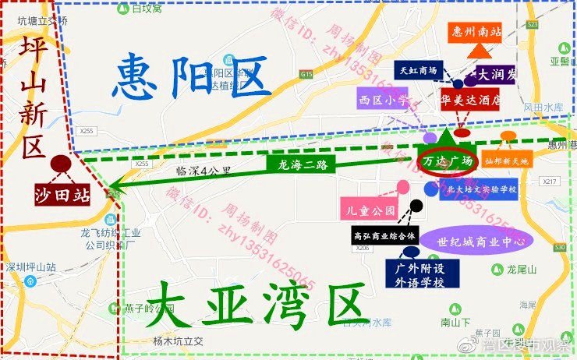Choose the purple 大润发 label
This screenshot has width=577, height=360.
click(497, 76)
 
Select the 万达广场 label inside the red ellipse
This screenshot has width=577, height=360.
click(448, 161)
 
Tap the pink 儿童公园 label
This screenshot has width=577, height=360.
click(369, 210)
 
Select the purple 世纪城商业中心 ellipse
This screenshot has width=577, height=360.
click(475, 240)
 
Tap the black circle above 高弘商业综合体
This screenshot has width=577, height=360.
click(416, 206)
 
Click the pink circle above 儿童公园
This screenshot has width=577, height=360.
click(403, 187)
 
